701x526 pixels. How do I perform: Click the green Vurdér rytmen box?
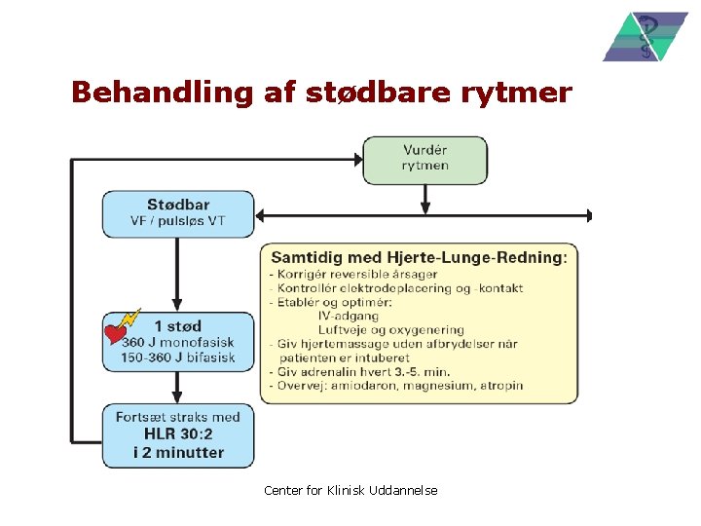tap(425, 159)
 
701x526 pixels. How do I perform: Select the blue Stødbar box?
tap(178, 212)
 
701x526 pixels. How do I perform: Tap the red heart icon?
tap(116, 335)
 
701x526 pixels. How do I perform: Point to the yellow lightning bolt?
tap(129, 319)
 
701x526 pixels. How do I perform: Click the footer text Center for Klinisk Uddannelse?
tap(350, 490)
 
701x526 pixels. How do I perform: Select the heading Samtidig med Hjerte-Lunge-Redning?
tap(418, 257)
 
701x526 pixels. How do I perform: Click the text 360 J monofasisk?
tap(179, 343)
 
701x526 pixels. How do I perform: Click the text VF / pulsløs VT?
tap(178, 221)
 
